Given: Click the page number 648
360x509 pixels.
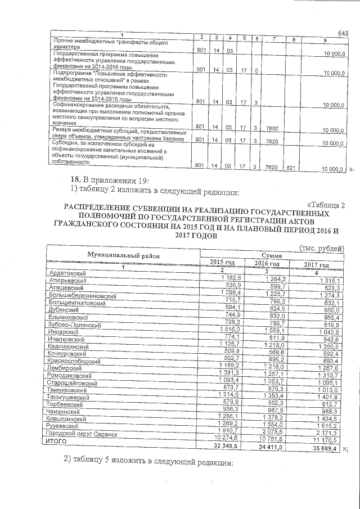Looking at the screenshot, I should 343,33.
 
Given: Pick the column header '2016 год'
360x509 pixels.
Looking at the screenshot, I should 267,264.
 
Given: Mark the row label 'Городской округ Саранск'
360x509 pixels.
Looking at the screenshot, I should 84,435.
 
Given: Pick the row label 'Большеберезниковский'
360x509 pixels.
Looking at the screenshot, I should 83,295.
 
